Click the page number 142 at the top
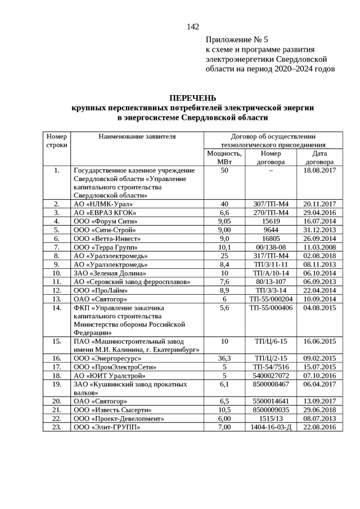(193, 26)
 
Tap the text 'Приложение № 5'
(237, 40)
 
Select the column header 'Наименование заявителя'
(137, 136)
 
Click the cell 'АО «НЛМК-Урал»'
(101, 204)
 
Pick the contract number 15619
(271, 221)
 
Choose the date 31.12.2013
(319, 229)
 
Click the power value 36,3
(224, 358)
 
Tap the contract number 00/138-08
(271, 247)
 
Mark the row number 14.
(56, 308)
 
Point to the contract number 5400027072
(271, 375)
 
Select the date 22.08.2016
(319, 427)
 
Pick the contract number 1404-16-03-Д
(271, 427)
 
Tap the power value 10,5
(224, 410)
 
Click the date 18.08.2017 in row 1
(319, 170)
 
